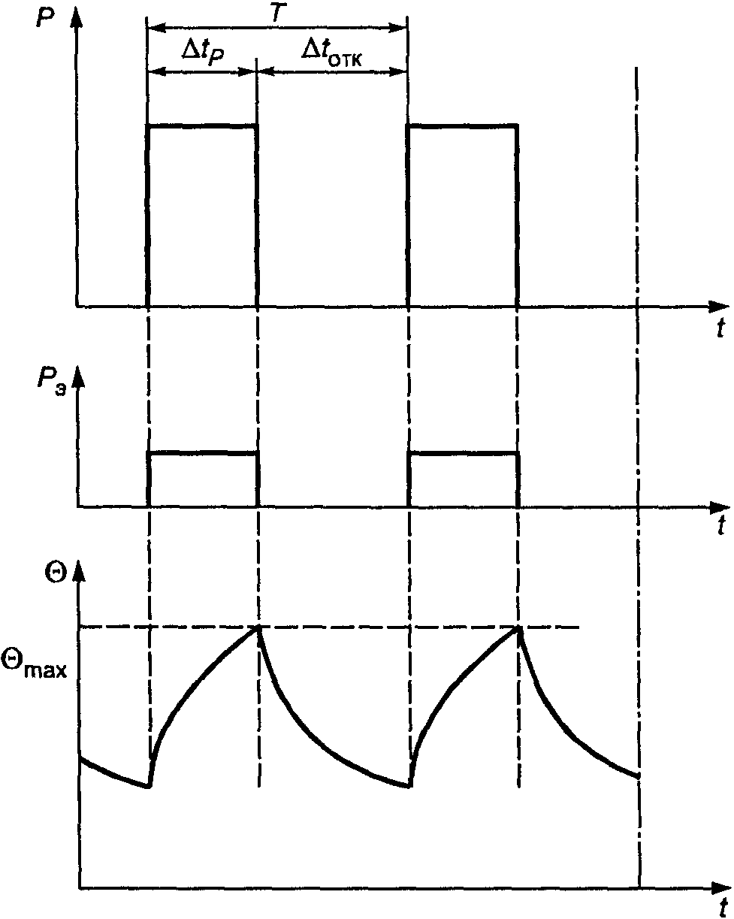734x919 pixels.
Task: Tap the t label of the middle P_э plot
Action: [x=720, y=525]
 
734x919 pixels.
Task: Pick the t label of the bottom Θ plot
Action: [x=720, y=905]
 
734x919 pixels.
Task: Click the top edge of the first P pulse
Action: [x=202, y=126]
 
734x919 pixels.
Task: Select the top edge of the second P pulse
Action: [x=462, y=126]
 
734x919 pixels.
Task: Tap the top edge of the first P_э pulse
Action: [x=203, y=452]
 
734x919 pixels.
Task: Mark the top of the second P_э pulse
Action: [x=463, y=452]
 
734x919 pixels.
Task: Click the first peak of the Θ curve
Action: [x=258, y=627]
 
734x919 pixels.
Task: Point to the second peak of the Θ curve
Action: [x=518, y=627]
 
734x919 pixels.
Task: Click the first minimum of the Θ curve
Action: [x=150, y=787]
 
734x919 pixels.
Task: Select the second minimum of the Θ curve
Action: [x=409, y=787]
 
